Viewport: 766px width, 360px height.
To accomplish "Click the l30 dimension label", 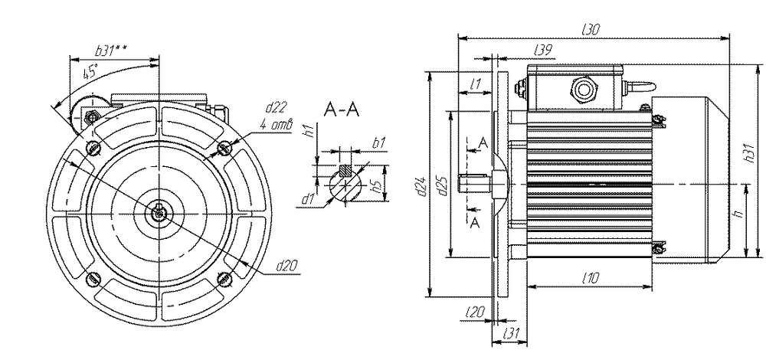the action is click(x=591, y=29).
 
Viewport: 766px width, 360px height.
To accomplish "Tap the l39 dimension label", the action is click(x=543, y=49).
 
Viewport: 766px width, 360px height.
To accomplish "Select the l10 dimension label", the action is click(x=591, y=279).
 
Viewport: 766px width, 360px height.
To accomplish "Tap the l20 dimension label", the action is click(x=475, y=312).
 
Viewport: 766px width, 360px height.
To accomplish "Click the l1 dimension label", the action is click(x=474, y=84).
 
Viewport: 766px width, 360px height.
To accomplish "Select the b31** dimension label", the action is click(x=111, y=51).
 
